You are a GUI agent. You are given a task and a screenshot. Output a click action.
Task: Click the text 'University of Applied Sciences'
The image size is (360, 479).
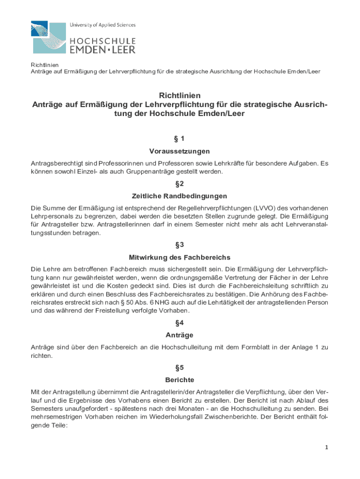tap(102, 25)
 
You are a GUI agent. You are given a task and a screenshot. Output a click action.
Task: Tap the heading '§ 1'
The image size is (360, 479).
tap(180, 138)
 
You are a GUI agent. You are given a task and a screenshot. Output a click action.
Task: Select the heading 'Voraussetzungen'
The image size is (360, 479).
tap(180, 151)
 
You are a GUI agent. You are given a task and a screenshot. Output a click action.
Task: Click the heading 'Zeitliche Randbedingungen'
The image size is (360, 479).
tap(180, 196)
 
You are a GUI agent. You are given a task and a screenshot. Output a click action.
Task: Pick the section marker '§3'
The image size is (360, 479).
tap(180, 245)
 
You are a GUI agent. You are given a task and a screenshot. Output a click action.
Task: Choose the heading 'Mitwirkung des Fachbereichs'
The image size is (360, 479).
tap(180, 257)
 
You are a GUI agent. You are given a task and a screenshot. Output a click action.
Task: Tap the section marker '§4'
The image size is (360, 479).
tap(180, 322)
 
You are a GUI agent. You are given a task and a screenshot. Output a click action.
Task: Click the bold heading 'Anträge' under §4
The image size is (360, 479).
tap(180, 335)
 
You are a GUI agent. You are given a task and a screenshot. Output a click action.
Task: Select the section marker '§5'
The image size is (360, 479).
tap(180, 367)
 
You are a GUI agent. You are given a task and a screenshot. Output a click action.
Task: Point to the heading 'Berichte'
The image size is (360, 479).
tap(180, 379)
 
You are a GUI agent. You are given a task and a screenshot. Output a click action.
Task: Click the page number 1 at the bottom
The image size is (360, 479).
tap(327, 447)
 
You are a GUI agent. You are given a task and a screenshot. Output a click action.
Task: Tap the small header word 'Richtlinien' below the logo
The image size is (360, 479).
tap(41, 65)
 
